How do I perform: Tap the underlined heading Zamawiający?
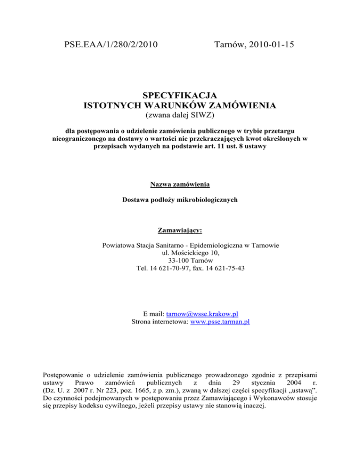pyautogui.click(x=180, y=231)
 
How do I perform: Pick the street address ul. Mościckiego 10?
pyautogui.click(x=180, y=253)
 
